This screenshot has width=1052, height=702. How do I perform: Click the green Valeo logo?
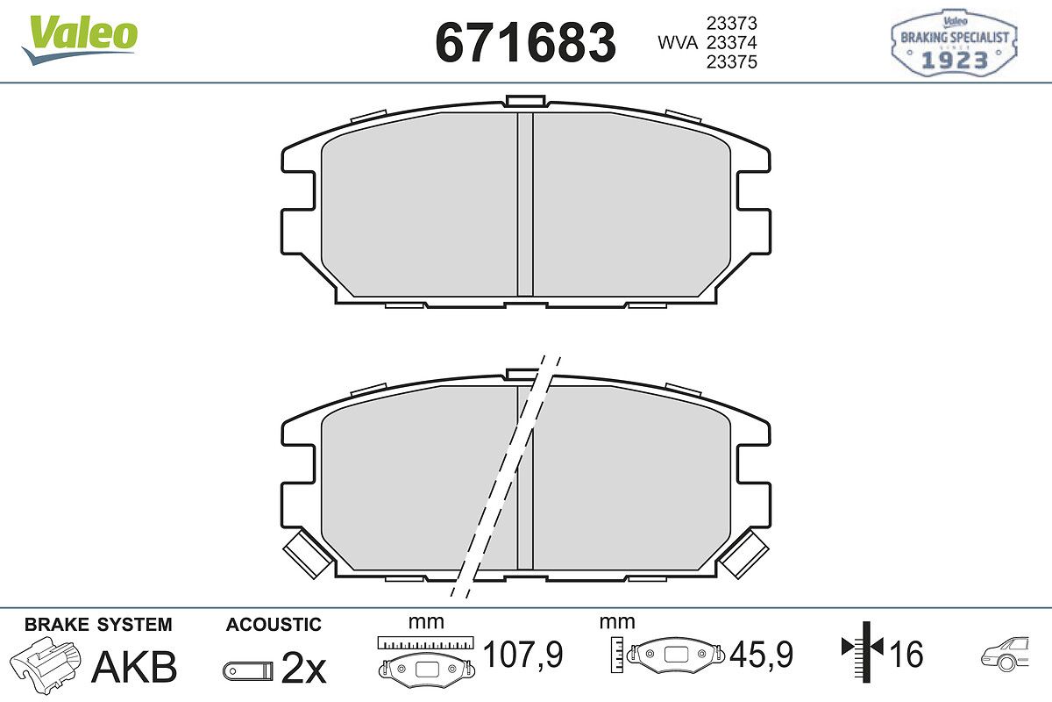[80, 39]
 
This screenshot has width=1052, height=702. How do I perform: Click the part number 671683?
[525, 43]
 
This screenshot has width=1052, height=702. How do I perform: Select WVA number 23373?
[732, 23]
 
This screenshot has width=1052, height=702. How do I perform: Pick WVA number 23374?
[732, 43]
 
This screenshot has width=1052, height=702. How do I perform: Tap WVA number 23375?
[732, 62]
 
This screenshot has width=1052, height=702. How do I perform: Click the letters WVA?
[678, 43]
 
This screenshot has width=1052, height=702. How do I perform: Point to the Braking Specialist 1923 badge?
[954, 42]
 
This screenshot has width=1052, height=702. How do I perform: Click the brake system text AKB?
[134, 667]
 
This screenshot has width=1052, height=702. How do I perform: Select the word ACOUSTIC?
[274, 625]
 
